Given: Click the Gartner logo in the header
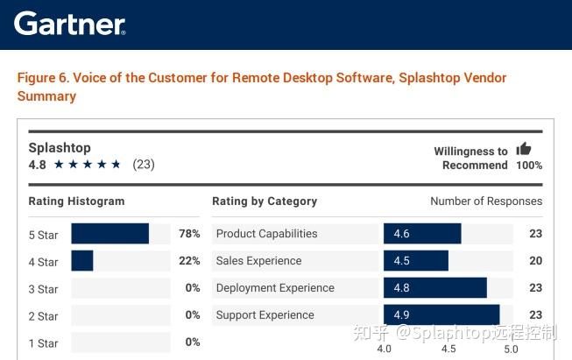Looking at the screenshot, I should [x=70, y=24].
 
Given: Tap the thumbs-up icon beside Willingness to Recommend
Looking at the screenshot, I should [x=524, y=149].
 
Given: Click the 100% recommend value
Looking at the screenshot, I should [x=528, y=166].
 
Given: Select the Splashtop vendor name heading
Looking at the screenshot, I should [x=60, y=147].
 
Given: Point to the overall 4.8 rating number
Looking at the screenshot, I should [x=37, y=165].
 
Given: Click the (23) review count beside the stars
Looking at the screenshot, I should [x=144, y=165].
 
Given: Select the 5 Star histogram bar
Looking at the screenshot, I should [x=109, y=234].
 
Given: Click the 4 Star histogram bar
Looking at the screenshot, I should [x=82, y=261].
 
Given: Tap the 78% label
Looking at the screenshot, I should [x=189, y=234].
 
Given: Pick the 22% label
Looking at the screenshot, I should [x=189, y=261].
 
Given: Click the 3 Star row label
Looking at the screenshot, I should [x=43, y=289].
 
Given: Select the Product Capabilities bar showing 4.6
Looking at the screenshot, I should [x=421, y=234].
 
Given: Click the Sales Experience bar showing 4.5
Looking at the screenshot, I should [x=415, y=261].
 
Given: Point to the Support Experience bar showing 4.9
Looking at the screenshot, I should [x=441, y=315].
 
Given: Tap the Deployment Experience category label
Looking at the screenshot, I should [x=275, y=288].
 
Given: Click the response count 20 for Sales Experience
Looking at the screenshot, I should [x=535, y=261].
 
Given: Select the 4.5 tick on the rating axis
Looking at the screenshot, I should [x=448, y=349].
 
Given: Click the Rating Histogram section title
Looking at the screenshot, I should [x=76, y=201].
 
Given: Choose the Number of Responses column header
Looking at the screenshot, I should [x=486, y=201].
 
